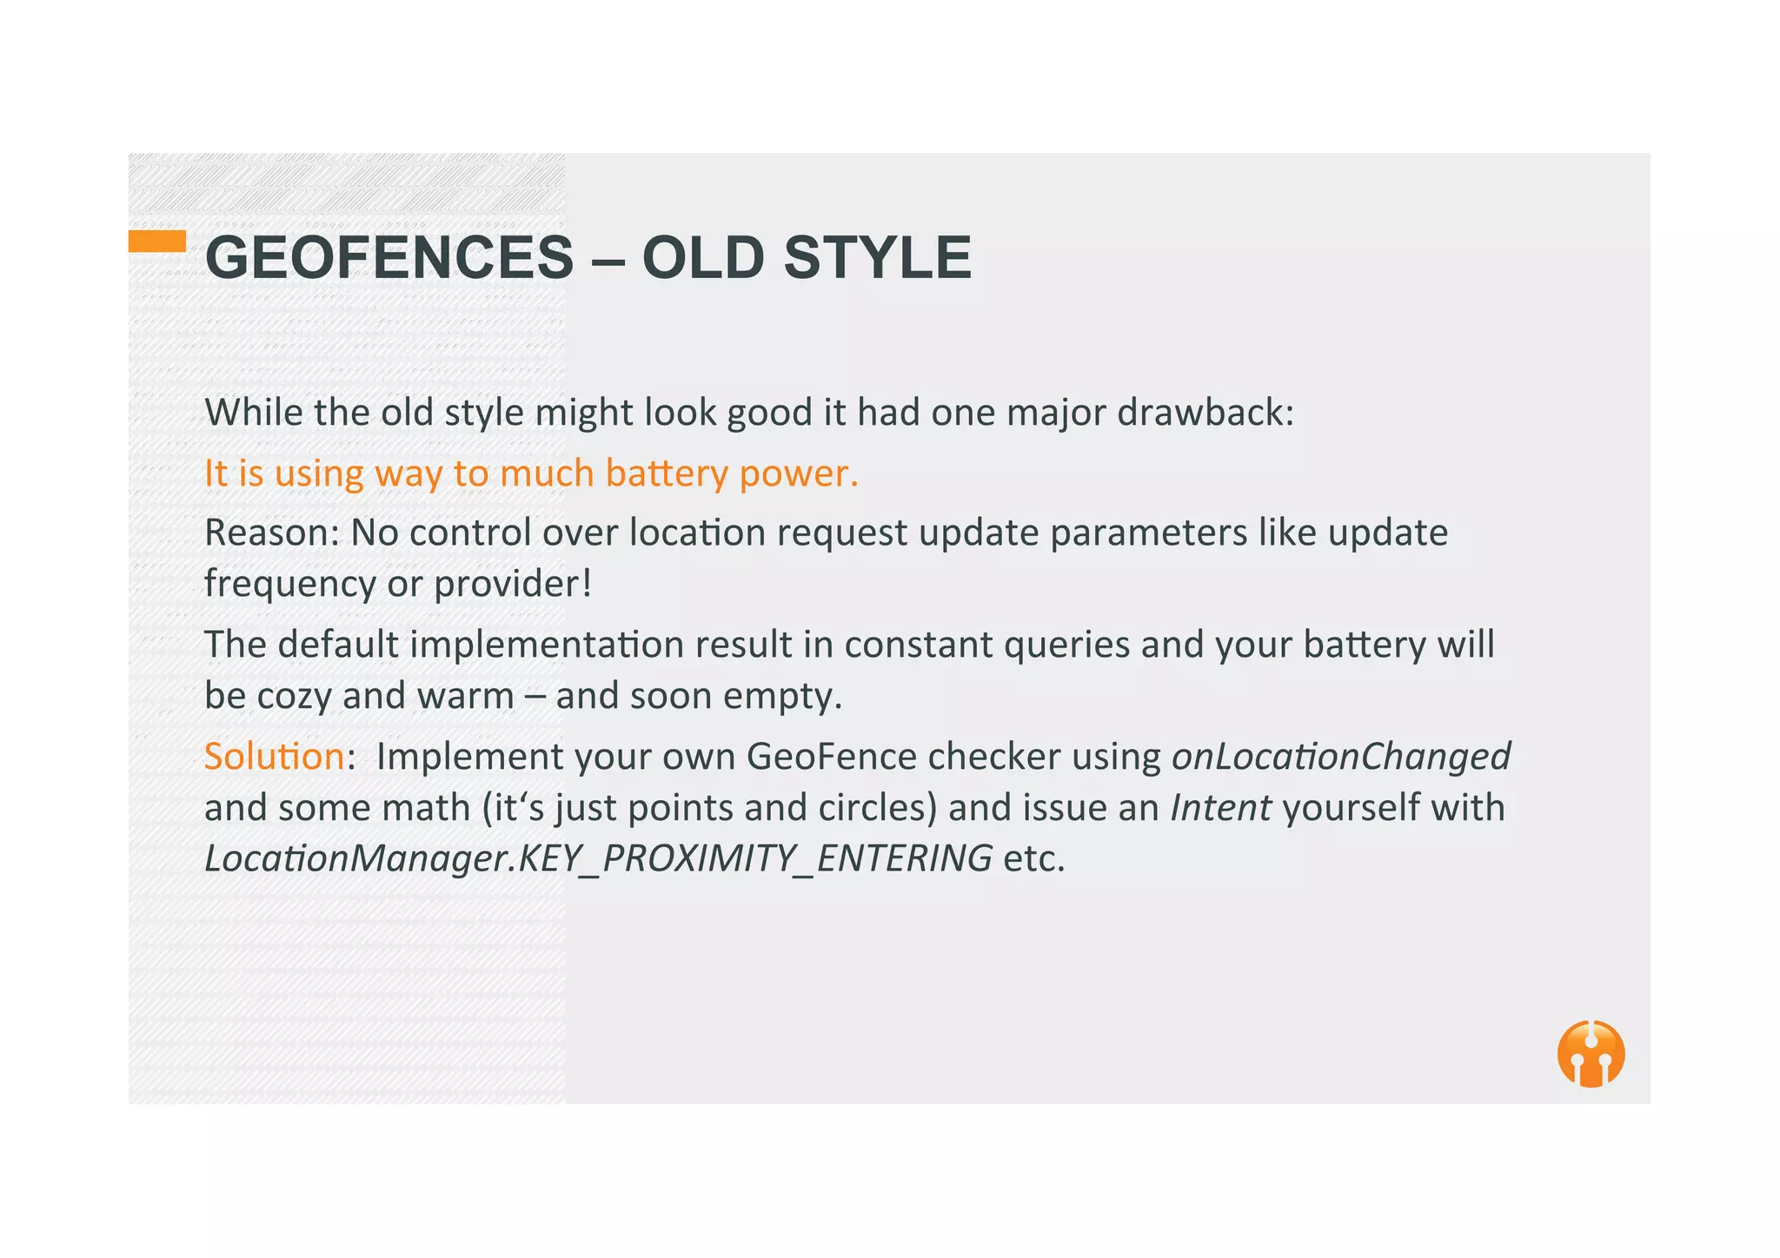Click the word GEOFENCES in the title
[389, 258]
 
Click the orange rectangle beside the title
[157, 241]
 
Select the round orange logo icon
[1591, 1053]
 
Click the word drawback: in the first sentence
[1205, 412]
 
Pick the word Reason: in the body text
[271, 533]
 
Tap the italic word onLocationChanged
[1341, 756]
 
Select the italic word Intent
[1220, 807]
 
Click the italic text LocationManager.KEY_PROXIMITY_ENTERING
[598, 858]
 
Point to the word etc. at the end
[1034, 858]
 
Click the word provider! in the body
[513, 583]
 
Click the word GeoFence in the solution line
[831, 756]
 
